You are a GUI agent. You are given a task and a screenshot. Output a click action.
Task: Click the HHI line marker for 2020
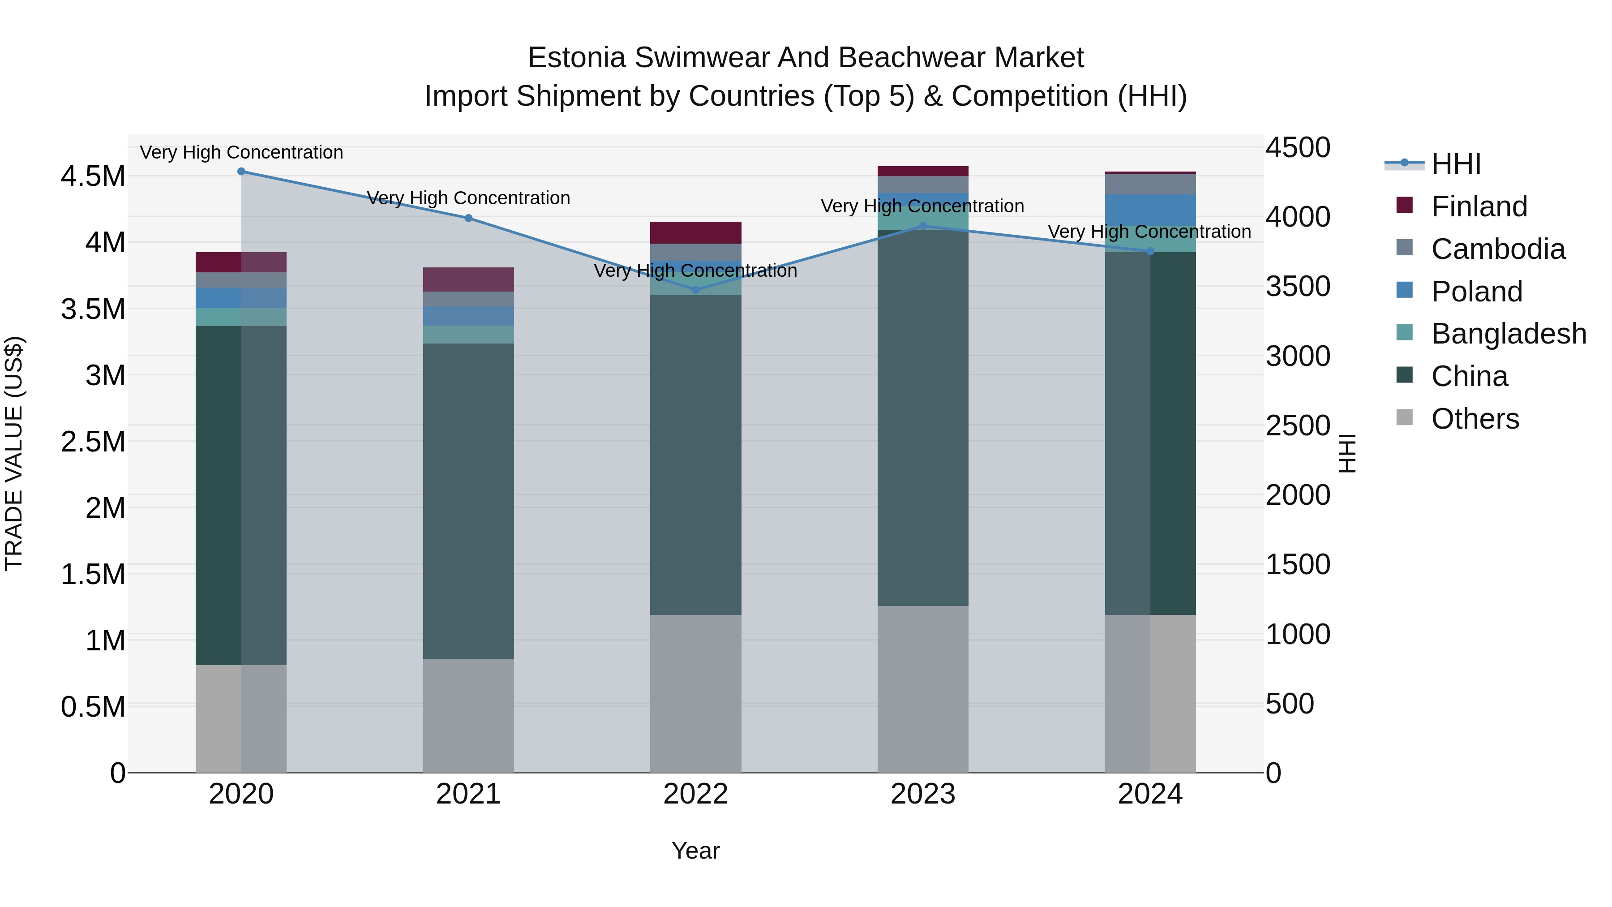(x=241, y=172)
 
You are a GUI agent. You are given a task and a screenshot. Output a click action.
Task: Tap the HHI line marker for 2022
(x=696, y=290)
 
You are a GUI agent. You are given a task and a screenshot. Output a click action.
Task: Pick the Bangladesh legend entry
(x=1509, y=334)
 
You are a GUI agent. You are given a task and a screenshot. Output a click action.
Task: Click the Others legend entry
(x=1475, y=419)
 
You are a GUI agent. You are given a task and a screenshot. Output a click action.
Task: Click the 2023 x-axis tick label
(x=923, y=794)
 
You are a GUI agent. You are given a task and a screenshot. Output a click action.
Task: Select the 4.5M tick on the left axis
(x=93, y=176)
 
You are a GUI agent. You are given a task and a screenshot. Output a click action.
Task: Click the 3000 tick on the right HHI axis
(x=1298, y=356)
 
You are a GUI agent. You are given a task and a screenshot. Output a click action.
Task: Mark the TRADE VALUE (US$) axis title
(x=14, y=453)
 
